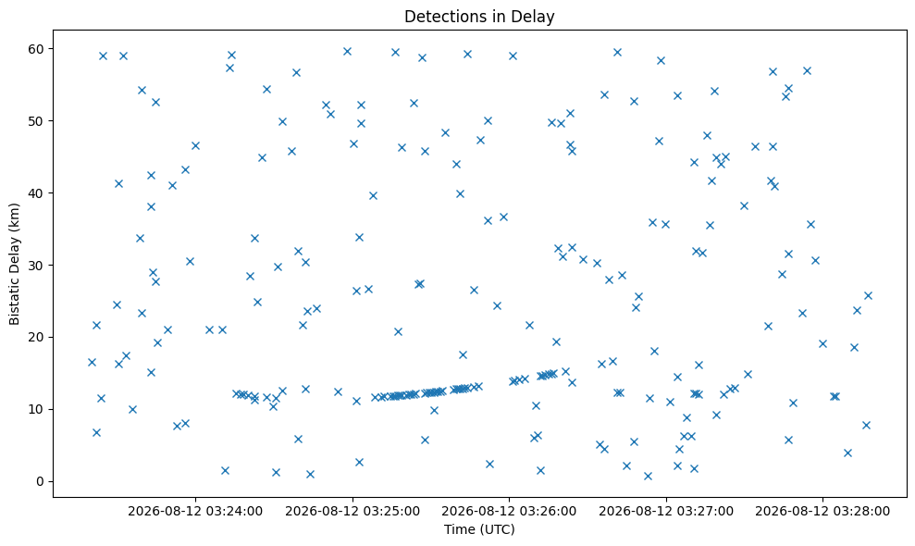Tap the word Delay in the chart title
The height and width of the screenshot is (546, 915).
coord(535,17)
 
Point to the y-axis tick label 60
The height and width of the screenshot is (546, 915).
coord(36,49)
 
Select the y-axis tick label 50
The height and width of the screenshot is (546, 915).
coord(36,121)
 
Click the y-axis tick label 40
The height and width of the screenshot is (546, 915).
coord(36,193)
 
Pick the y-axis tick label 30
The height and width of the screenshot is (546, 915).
coord(36,265)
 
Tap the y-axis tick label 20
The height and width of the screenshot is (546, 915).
coord(36,338)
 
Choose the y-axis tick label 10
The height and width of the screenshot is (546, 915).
coord(36,409)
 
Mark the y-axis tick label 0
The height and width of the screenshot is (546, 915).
coord(41,482)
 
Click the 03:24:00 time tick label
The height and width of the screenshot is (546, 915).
coord(195,512)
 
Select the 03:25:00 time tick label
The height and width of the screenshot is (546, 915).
coord(352,512)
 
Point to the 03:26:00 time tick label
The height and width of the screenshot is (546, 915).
coord(509,512)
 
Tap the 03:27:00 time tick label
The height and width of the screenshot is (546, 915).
coord(666,512)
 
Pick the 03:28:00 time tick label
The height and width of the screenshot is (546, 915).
coord(822,512)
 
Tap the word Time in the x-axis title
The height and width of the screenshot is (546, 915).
coord(459,529)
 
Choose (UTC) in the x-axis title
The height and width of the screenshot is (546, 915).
coord(497,529)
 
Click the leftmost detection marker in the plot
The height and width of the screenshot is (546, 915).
coord(92,362)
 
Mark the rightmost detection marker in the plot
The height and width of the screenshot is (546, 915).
coord(868,295)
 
